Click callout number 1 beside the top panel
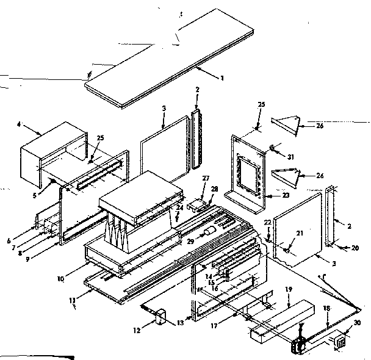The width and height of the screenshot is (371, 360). pyautogui.click(x=223, y=77)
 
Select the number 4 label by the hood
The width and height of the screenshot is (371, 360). pyautogui.click(x=19, y=125)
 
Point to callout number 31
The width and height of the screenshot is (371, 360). pyautogui.click(x=290, y=157)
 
